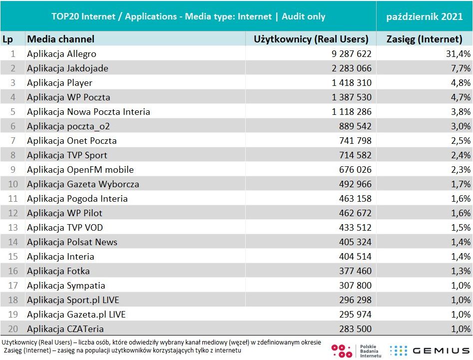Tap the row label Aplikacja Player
[59, 83]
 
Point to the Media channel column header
[60, 39]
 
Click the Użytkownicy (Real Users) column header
[311, 39]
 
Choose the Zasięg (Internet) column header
[425, 39]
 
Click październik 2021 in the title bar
[425, 16]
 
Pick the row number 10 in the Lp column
[13, 184]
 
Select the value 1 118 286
[352, 112]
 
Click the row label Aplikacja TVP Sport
[67, 155]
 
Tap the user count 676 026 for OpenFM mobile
[355, 170]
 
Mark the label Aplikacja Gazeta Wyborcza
[83, 184]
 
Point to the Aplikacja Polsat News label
[72, 242]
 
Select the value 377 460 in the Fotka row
[355, 271]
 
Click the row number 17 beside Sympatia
[13, 286]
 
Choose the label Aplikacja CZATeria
[65, 329]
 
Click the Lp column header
[7, 39]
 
